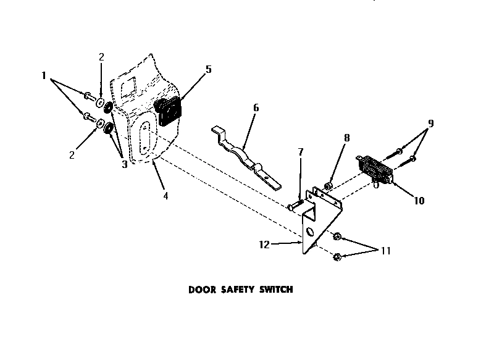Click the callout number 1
44,76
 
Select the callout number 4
165,196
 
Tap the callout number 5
209,70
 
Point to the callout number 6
256,107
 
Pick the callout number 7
301,152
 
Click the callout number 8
347,138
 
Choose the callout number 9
430,123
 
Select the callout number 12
264,245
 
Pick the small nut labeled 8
329,185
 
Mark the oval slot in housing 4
144,136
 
